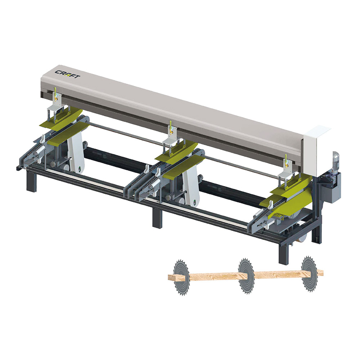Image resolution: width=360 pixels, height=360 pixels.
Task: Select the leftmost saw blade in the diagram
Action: coord(181,277)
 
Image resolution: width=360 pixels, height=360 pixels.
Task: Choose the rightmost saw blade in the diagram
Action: coord(310,274)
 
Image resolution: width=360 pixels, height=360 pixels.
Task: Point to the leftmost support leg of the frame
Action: coord(31,181)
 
